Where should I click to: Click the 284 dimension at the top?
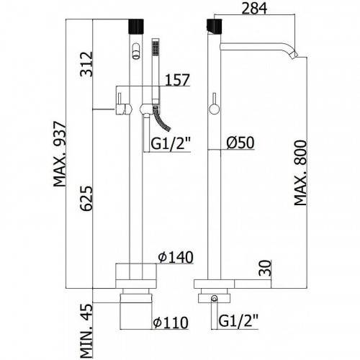point(254,9)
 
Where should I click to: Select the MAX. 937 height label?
point(59,154)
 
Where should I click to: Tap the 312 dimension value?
point(86,64)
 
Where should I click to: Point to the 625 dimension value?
point(86,198)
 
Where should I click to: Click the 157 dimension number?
point(178,80)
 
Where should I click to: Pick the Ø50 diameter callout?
point(240,143)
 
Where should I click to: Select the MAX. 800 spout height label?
point(300,173)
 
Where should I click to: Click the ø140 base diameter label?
point(176,257)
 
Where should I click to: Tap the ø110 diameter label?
point(171,323)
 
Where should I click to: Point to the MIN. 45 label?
point(86,331)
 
